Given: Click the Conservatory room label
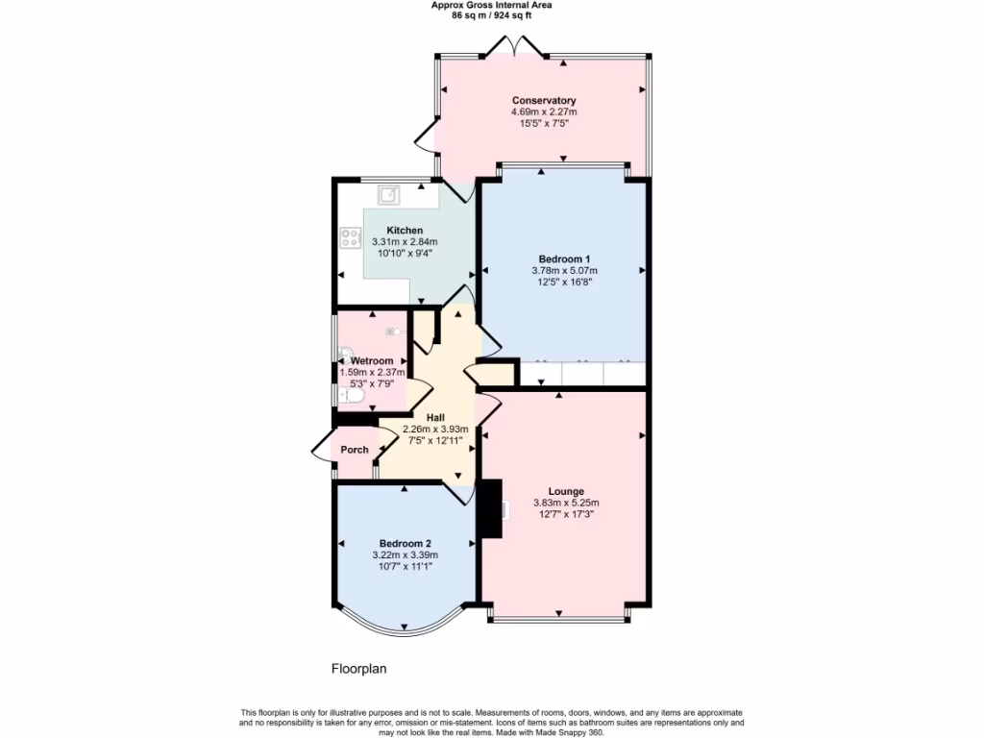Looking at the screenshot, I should coord(544,101).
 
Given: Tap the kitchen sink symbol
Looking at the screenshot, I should coord(389,196).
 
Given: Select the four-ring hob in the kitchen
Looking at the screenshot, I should coord(349,238).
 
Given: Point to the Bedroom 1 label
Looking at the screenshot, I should coord(564,259).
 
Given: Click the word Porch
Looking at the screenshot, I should coord(355,450).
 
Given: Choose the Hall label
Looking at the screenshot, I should coord(435,417).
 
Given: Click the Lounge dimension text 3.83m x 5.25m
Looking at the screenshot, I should coord(566,503).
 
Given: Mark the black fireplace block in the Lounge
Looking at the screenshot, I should coord(492,508).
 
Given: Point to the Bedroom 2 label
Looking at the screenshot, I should coord(405,543).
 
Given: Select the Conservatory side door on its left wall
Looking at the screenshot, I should coord(426,140).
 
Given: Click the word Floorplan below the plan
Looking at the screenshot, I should coord(358,668).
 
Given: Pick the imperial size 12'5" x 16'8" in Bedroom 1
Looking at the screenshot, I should coord(564,283).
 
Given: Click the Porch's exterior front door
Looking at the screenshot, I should coord(321,451).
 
